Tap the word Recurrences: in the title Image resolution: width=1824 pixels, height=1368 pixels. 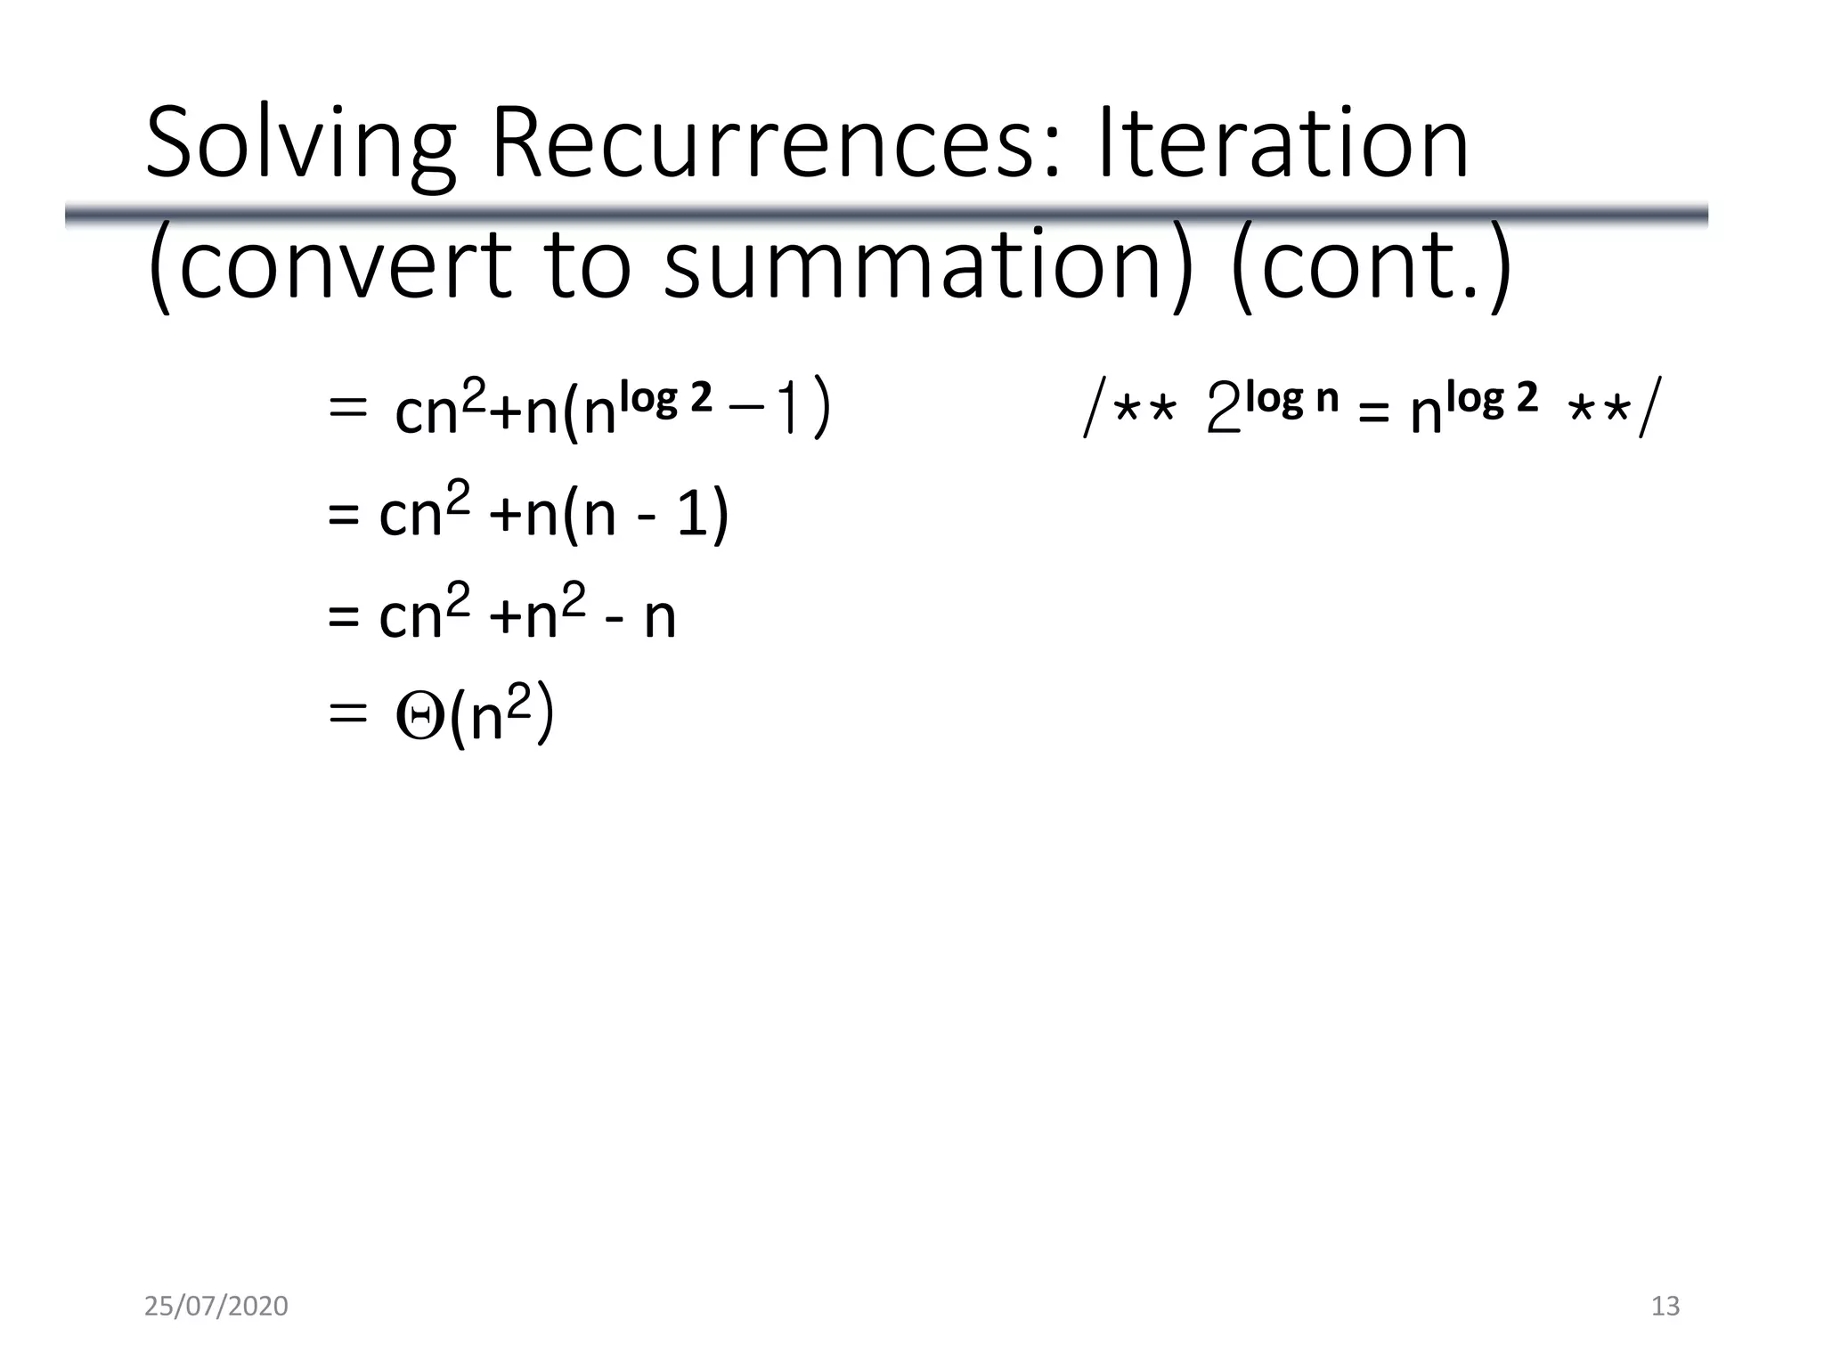(776, 142)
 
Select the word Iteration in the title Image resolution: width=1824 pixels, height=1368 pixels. (1282, 142)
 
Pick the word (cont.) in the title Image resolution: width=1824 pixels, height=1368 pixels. (1371, 264)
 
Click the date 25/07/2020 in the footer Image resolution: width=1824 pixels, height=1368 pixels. (216, 1306)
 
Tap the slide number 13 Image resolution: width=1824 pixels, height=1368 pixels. (1665, 1306)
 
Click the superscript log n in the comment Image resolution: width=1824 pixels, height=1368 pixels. (1291, 398)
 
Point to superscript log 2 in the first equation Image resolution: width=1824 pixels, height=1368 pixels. (667, 398)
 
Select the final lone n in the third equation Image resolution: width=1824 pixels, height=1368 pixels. (660, 616)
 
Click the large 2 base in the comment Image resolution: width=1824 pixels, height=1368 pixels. (1224, 412)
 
